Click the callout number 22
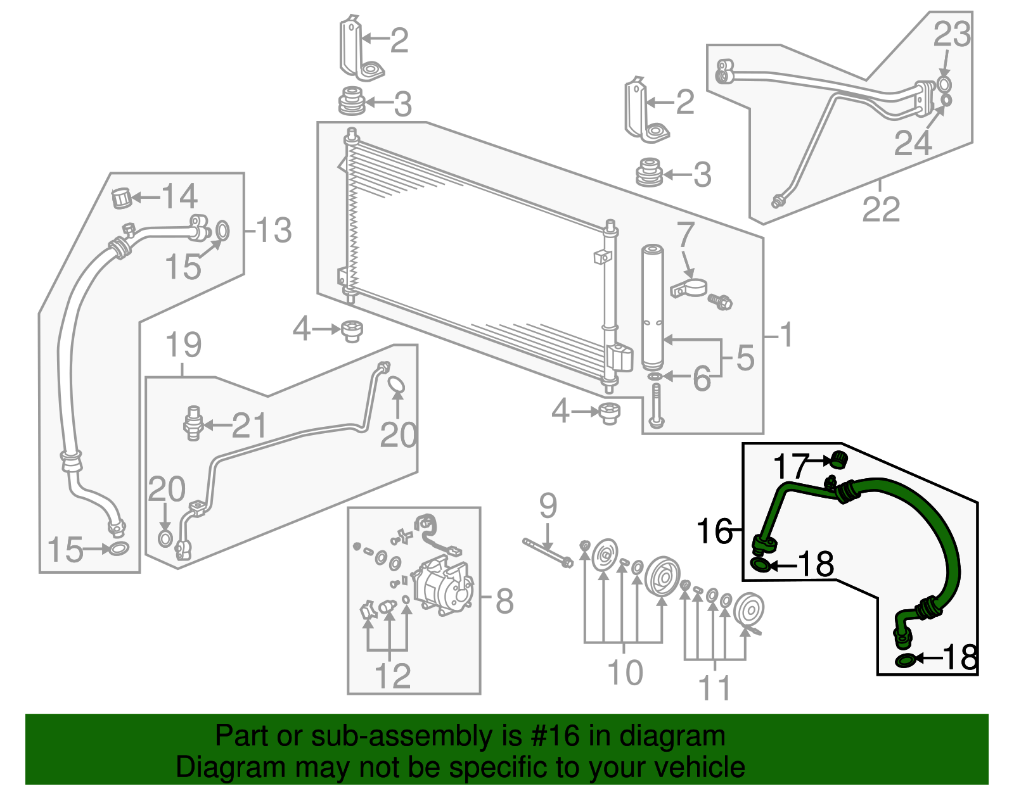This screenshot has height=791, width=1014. [881, 209]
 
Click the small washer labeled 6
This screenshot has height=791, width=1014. [655, 377]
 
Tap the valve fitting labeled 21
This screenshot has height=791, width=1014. [193, 423]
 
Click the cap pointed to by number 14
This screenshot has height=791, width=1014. [121, 198]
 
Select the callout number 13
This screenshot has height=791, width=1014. [274, 230]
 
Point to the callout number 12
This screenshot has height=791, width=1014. [393, 676]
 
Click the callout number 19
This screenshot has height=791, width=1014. [183, 345]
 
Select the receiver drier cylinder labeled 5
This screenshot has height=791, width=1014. [652, 307]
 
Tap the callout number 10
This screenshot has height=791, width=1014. [625, 672]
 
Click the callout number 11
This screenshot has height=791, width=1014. [715, 688]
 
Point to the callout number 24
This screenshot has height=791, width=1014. [913, 142]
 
